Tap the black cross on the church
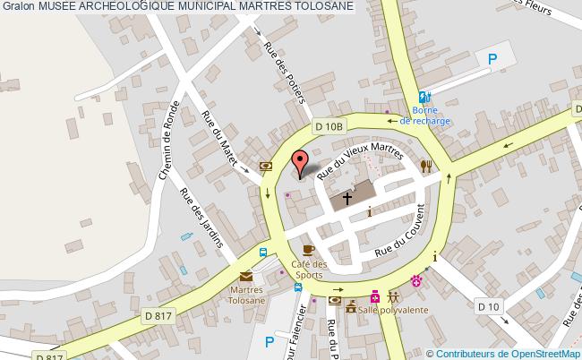pos(347,200)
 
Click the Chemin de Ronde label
pos(170,140)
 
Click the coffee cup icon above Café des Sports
pos(308,250)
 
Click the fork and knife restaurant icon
pos(426,166)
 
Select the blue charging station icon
pos(425,99)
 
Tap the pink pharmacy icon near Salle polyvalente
pos(375,296)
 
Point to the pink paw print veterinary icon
pos(416,281)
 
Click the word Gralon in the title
pos(18,7)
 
